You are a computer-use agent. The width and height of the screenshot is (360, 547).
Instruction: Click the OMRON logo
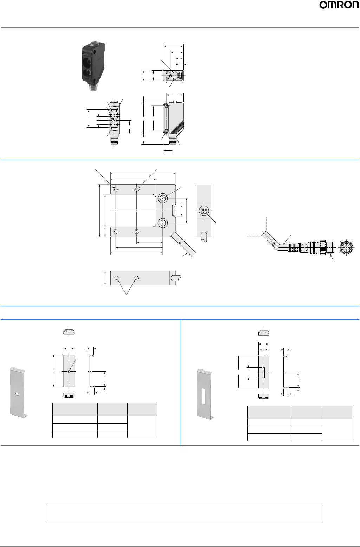pos(339,5)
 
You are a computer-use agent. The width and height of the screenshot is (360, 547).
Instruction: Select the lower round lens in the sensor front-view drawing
pos(114,124)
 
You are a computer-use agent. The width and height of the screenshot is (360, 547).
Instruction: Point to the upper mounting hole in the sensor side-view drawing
pos(166,106)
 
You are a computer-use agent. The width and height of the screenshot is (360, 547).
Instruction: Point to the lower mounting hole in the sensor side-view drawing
pos(166,131)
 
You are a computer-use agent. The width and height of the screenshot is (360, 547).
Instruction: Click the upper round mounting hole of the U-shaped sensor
pos(162,198)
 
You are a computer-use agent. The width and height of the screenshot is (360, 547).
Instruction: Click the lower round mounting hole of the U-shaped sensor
pos(162,223)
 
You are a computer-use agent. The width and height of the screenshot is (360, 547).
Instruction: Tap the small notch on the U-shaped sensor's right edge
pos(174,211)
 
